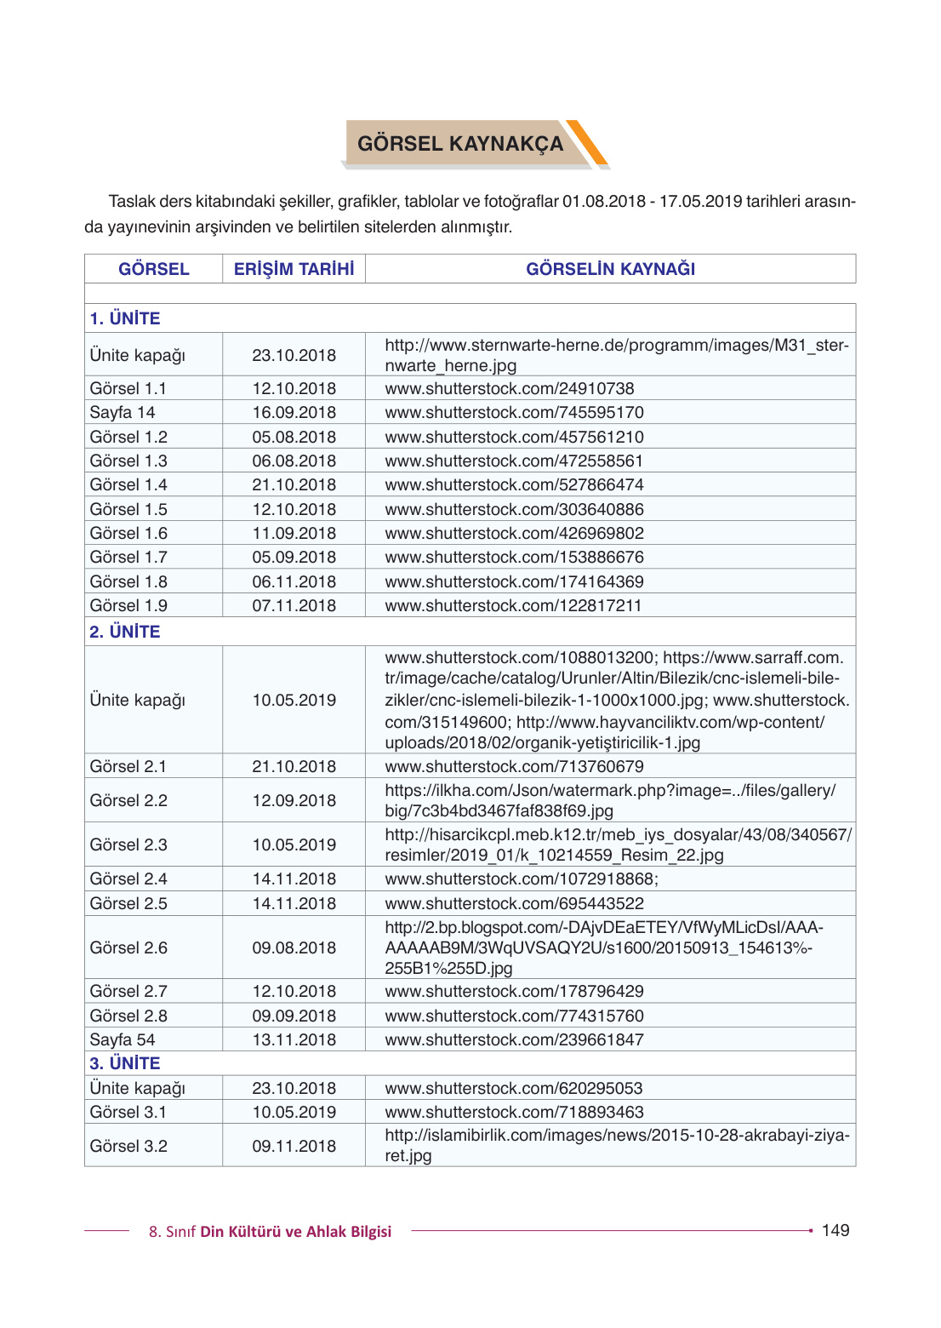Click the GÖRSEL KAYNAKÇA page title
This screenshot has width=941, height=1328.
[459, 144]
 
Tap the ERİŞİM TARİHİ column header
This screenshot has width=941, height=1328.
[294, 269]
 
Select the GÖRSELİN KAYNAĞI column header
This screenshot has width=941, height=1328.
[610, 269]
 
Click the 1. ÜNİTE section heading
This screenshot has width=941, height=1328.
[125, 318]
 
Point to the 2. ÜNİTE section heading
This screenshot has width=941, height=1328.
[125, 632]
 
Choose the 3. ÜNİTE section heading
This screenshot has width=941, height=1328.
[125, 1063]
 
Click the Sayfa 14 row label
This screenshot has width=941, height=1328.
[123, 412]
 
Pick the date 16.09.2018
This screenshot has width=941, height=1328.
[294, 412]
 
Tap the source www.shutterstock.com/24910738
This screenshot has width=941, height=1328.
[510, 388]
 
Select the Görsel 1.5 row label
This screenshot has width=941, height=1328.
[128, 509]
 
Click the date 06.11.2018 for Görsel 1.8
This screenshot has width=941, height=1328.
[294, 581]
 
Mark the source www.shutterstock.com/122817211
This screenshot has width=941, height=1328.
[513, 605]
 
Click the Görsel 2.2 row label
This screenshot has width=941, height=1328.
[128, 800]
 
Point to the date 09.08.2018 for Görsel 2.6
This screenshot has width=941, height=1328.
[294, 947]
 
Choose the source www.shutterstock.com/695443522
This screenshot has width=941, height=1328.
[514, 903]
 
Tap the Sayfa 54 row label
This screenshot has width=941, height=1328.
[123, 1039]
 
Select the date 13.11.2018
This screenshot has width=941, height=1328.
[294, 1039]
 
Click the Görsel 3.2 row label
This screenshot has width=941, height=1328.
[128, 1146]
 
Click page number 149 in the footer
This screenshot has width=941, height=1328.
[835, 1230]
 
